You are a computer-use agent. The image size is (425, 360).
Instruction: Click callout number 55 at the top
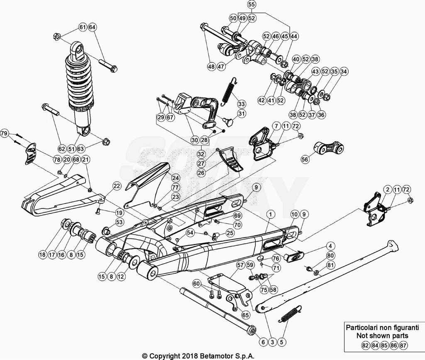(252, 5)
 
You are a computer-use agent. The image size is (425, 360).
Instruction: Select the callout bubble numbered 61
(82, 27)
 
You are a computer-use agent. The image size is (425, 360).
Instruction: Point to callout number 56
(305, 159)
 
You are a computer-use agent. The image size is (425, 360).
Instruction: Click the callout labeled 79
(4, 133)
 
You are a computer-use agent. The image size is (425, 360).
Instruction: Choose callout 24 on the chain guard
(164, 177)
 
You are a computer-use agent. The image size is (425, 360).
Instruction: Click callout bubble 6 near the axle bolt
(263, 342)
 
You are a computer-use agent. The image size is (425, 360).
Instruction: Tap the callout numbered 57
(240, 264)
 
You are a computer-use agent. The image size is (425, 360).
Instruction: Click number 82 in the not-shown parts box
(365, 345)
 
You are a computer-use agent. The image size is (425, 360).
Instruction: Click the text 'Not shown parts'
(383, 336)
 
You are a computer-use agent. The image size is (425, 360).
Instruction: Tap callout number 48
(212, 66)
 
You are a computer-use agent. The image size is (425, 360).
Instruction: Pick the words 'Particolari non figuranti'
(383, 327)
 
